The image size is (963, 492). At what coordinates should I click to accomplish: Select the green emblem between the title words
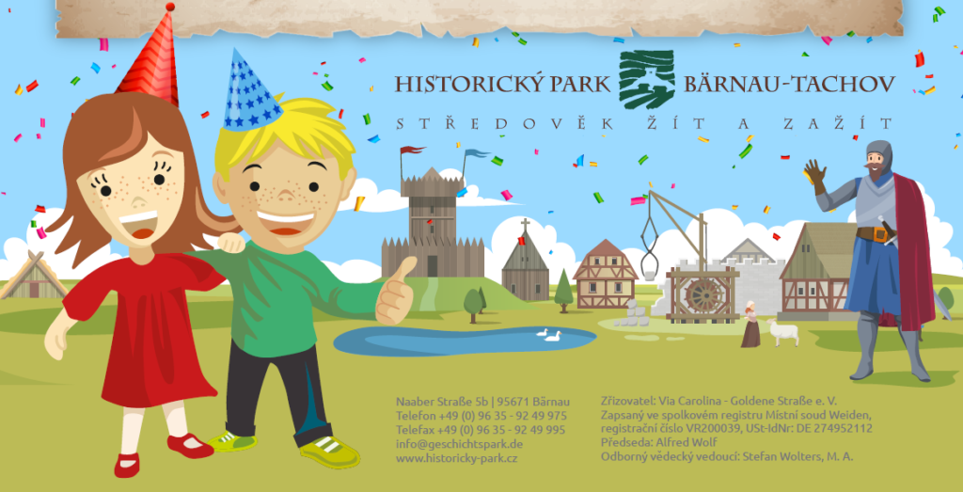pos(647,79)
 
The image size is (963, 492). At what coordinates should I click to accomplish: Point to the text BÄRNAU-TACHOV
pos(789,84)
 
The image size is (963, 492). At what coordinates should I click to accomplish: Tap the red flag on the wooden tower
pos(412,150)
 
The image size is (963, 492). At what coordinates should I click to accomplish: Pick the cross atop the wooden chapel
pos(525,224)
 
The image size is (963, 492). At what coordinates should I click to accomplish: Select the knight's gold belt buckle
pos(880,234)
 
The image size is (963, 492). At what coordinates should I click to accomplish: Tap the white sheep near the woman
pos(783,332)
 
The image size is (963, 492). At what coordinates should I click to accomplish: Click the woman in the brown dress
pos(750,325)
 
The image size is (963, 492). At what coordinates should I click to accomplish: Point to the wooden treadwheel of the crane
pos(703,295)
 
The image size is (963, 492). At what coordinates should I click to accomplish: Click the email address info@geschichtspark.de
pos(459,443)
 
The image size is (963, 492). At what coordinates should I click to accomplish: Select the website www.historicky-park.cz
pos(456,458)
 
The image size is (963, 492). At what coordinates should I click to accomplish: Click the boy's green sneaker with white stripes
pos(330,452)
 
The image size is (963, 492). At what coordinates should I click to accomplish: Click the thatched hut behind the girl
pos(31,277)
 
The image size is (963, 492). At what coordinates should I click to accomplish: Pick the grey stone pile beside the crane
pos(632,314)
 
